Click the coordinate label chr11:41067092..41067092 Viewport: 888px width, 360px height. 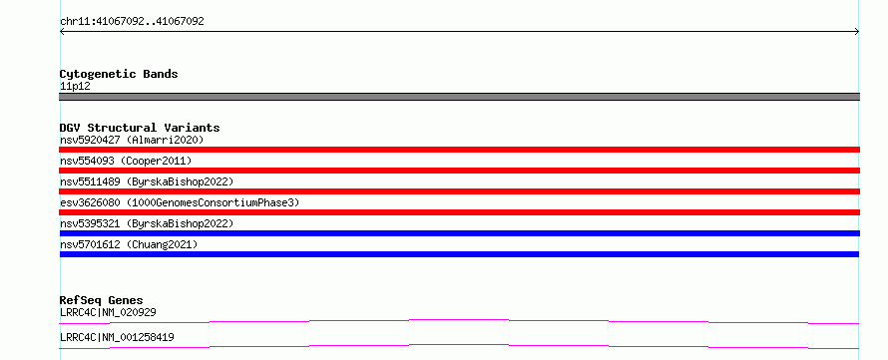(x=132, y=22)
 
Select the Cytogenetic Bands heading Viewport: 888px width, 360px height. (x=119, y=74)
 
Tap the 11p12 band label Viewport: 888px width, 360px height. (x=75, y=87)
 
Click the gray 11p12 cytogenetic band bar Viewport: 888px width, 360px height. (x=459, y=97)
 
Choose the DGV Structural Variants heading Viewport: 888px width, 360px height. (x=140, y=128)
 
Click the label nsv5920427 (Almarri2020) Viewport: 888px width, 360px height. (x=132, y=140)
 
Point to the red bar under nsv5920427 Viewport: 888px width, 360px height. (x=459, y=150)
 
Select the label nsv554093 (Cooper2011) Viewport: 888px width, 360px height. (x=126, y=161)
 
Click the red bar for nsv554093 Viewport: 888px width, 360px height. (x=459, y=171)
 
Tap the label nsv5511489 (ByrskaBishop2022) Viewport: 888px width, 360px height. (x=147, y=181)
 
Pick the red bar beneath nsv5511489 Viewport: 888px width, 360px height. (x=459, y=191)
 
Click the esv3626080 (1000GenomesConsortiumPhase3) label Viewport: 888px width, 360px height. (x=180, y=202)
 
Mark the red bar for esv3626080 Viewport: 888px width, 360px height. (x=459, y=212)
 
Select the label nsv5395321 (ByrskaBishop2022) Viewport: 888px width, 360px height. (x=147, y=223)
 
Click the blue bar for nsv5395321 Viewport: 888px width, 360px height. (x=459, y=233)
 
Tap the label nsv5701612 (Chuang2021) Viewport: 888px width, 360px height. (x=129, y=244)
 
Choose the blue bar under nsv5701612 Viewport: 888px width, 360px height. (x=459, y=254)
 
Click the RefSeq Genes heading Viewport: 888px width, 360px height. (x=102, y=300)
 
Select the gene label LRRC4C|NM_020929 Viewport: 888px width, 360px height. (x=108, y=312)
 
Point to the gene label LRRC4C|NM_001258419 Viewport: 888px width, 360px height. (x=117, y=338)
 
